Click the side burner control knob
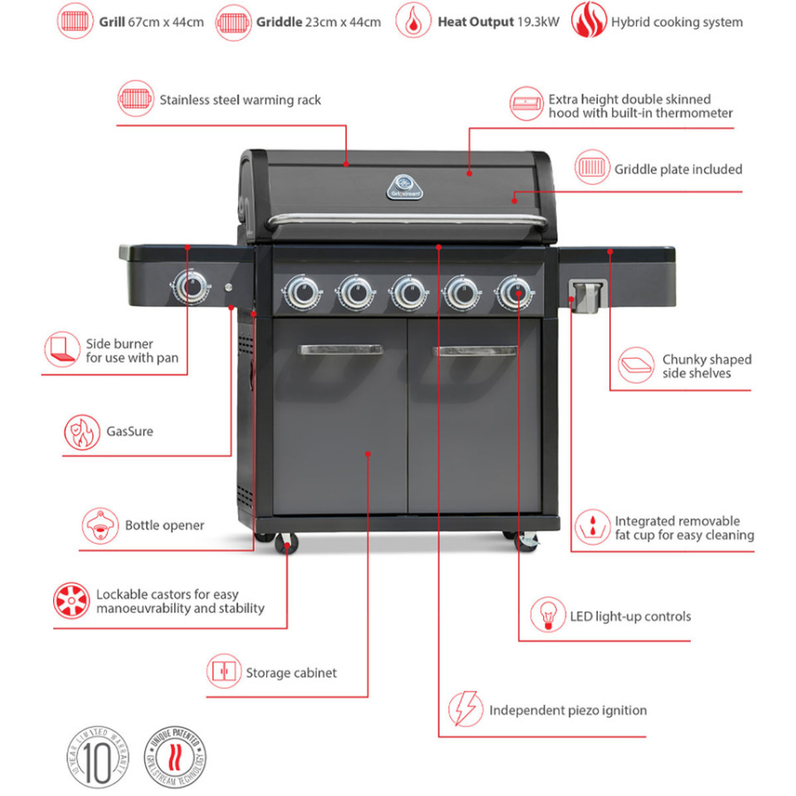point(190,287)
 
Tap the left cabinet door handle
point(341,350)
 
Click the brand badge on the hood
point(404,184)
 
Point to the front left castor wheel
point(288,543)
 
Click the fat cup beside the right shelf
point(587,295)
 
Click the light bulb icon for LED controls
point(547,615)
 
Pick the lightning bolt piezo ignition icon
point(465,709)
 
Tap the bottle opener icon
point(100,525)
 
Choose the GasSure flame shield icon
point(80,432)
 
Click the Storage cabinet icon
point(224,672)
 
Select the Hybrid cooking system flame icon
point(586,21)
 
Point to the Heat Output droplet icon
point(413,21)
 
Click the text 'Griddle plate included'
point(678,169)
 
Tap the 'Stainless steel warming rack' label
point(240,100)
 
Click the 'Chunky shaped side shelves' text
point(707,366)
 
